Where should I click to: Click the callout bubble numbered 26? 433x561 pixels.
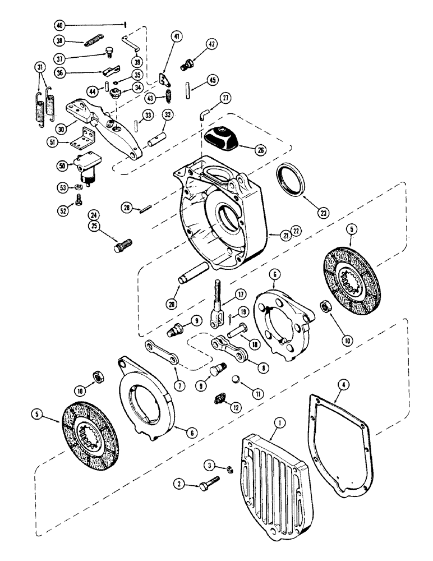260,150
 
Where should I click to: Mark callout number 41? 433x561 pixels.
176,38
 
